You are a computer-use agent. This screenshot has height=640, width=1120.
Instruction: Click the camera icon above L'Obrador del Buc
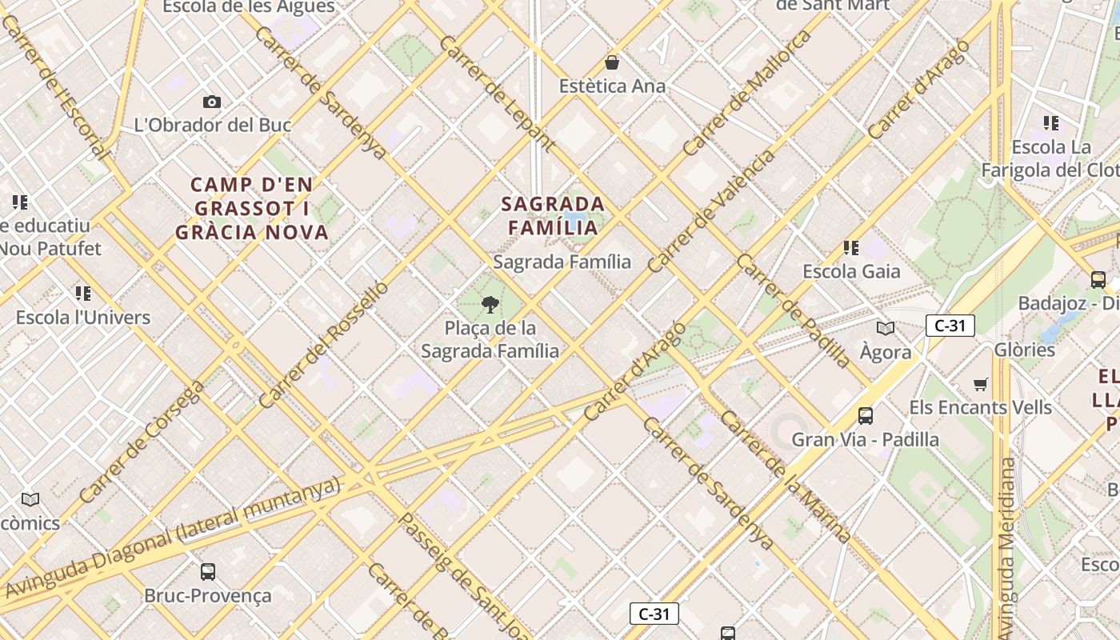(x=212, y=102)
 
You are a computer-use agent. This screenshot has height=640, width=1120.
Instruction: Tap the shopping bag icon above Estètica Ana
(x=612, y=62)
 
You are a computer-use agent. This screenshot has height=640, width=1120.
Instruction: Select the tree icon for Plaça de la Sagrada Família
(x=490, y=304)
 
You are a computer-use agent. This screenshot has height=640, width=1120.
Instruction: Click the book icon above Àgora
(x=886, y=328)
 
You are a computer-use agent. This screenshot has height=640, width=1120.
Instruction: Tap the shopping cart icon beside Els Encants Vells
(x=981, y=384)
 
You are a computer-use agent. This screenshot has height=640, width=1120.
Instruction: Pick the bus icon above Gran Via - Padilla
(x=865, y=416)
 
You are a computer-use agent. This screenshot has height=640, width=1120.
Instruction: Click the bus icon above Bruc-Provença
(x=208, y=572)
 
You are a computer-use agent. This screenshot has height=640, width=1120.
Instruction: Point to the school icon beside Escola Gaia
(x=851, y=248)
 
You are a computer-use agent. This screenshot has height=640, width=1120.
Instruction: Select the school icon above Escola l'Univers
(x=83, y=294)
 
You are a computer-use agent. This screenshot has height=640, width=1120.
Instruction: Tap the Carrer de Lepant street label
(x=497, y=94)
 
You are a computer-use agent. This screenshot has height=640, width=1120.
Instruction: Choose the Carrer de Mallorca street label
(x=747, y=94)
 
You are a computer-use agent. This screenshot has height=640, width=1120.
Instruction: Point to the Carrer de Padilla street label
(x=794, y=311)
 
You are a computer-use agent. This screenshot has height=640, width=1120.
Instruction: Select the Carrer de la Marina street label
(x=784, y=477)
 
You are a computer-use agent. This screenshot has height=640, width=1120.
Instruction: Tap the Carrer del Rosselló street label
(x=323, y=344)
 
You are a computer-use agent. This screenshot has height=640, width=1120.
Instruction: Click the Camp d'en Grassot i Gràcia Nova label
(x=252, y=209)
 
